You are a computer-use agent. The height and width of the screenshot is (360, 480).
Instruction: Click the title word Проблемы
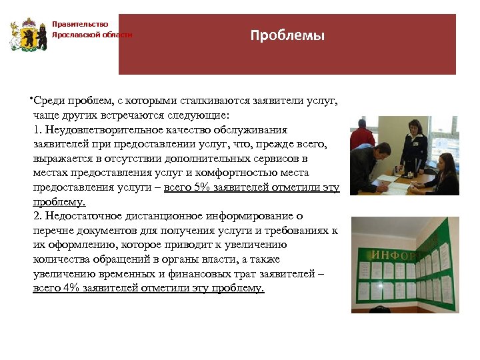coord(287,36)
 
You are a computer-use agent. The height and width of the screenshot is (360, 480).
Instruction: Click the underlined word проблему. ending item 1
coord(59,202)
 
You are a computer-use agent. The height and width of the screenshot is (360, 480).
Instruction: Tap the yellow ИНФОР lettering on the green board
coord(393,255)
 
